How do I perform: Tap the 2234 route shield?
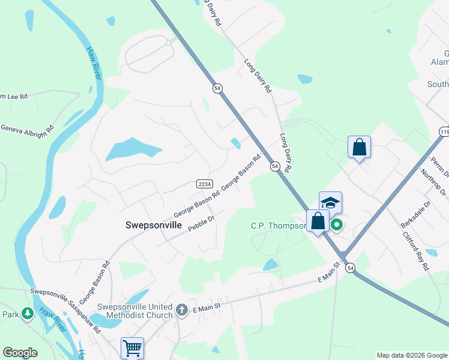click(202, 184)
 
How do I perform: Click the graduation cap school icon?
click(330, 203)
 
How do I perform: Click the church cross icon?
click(182, 310)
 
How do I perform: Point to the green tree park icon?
click(27, 313)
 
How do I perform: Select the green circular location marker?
click(337, 225)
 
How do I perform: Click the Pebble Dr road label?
click(201, 224)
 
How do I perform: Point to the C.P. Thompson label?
click(277, 226)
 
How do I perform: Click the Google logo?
click(20, 353)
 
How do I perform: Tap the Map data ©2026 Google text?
click(411, 355)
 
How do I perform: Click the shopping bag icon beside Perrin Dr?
click(359, 147)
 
